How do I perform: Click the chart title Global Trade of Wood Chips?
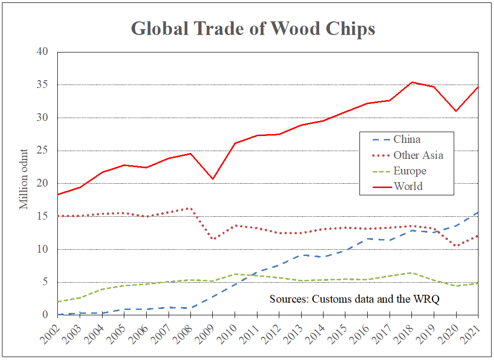(253, 29)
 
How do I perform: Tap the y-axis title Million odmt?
(24, 178)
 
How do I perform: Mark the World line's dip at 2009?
(212, 179)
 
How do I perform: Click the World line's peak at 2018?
(412, 82)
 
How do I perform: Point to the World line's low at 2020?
(456, 111)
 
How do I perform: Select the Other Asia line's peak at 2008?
(190, 208)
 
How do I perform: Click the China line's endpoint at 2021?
(478, 212)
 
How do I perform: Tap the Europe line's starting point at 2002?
(57, 302)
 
